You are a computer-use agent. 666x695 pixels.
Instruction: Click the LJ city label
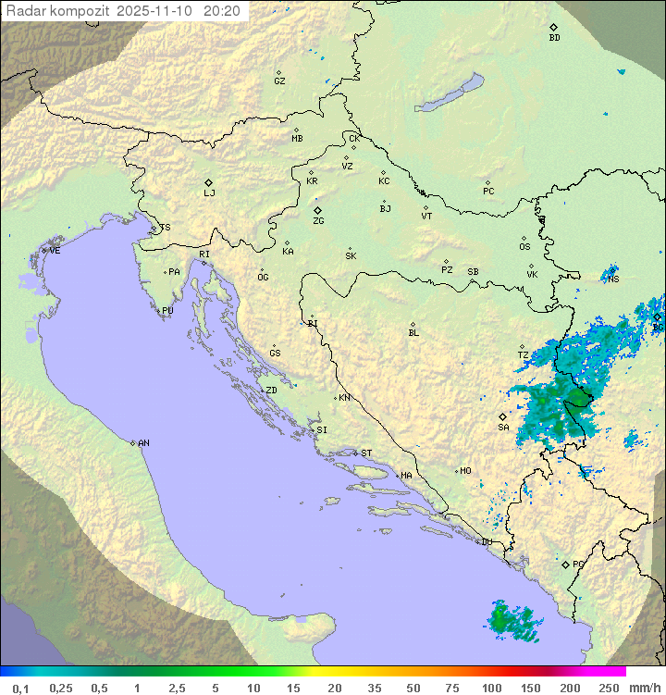(x=209, y=193)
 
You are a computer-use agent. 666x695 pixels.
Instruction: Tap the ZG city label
(x=318, y=221)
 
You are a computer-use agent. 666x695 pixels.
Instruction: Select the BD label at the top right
(x=554, y=38)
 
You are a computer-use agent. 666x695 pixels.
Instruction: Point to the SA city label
(x=503, y=428)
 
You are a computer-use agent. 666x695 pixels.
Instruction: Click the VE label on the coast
(x=55, y=251)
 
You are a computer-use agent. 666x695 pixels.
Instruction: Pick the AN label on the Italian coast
(x=143, y=443)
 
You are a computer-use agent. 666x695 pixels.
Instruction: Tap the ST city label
(x=366, y=453)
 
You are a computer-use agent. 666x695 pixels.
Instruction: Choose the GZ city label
(x=279, y=81)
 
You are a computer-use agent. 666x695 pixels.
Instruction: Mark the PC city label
(x=488, y=192)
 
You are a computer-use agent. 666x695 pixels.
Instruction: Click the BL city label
(x=413, y=333)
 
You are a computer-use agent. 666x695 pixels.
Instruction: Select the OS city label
(x=524, y=247)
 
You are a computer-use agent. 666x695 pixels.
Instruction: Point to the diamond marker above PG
(x=565, y=564)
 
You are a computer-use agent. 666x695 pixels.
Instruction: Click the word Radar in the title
(x=25, y=11)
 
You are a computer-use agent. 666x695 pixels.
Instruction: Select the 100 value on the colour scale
(x=491, y=688)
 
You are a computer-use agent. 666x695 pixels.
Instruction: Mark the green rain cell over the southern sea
(x=512, y=621)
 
